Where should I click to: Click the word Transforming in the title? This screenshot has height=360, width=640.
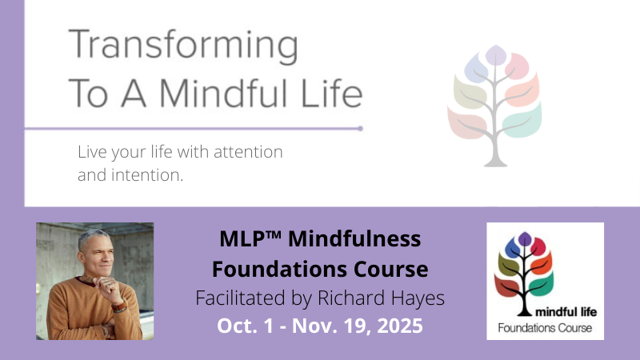[x=183, y=46]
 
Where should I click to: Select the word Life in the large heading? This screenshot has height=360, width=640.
[x=331, y=93]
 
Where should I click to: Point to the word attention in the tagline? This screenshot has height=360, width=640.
[x=248, y=152]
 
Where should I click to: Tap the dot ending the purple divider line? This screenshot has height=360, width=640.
[x=361, y=129]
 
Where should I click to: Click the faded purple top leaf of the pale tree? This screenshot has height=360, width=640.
[x=495, y=55]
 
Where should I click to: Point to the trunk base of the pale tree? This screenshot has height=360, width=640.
[x=495, y=162]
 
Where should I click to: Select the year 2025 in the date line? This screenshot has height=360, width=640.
[x=399, y=326]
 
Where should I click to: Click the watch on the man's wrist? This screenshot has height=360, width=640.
[x=119, y=306]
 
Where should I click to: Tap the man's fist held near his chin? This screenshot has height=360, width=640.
[x=107, y=286]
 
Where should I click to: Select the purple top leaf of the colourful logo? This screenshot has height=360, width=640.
[x=525, y=238]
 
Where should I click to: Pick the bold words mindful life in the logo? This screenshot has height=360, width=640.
[x=566, y=312]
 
